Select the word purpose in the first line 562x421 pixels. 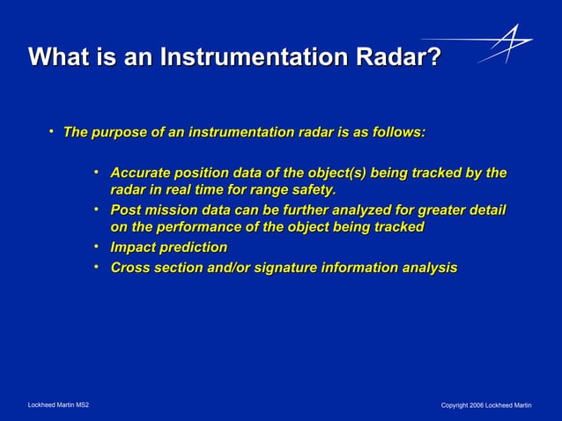pyautogui.click(x=120, y=132)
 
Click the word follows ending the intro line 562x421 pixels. pyautogui.click(x=397, y=132)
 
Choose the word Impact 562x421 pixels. pyautogui.click(x=134, y=247)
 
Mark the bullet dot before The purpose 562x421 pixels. pyautogui.click(x=52, y=132)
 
